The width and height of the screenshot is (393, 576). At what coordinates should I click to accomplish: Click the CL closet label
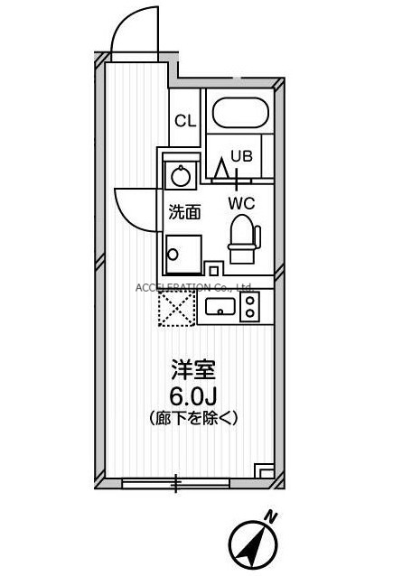coord(185,121)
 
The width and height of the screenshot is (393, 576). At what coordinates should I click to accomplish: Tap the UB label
coord(239,154)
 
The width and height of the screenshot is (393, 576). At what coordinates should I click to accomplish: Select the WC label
coord(240,203)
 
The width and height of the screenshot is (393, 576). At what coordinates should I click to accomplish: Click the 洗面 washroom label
coord(184,212)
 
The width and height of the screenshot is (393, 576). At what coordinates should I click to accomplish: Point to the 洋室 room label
coord(193,371)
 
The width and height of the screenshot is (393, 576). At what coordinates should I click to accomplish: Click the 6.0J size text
coord(193,395)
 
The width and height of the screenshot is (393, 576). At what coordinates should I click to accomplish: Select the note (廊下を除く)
coord(192,418)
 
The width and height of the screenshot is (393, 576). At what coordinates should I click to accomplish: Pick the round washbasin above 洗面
coord(181,174)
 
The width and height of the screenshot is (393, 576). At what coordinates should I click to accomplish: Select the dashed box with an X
coord(176,308)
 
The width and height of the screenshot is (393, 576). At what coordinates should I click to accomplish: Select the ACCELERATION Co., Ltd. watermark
coord(193,287)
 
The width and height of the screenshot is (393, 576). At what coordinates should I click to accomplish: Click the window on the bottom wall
coord(176,484)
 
